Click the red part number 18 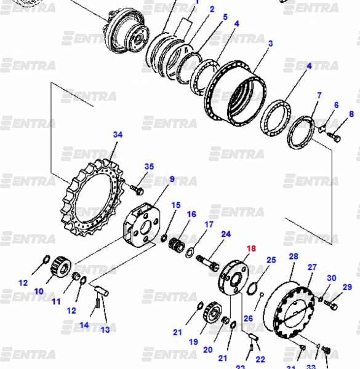point(251,248)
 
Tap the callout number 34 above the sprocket point(118,134)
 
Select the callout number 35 point(149,167)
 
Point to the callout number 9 point(172,179)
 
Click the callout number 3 point(271,43)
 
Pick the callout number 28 point(294,256)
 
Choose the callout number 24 point(226,234)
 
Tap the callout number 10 point(39,292)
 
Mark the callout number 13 point(105,330)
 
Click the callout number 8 point(351,114)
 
